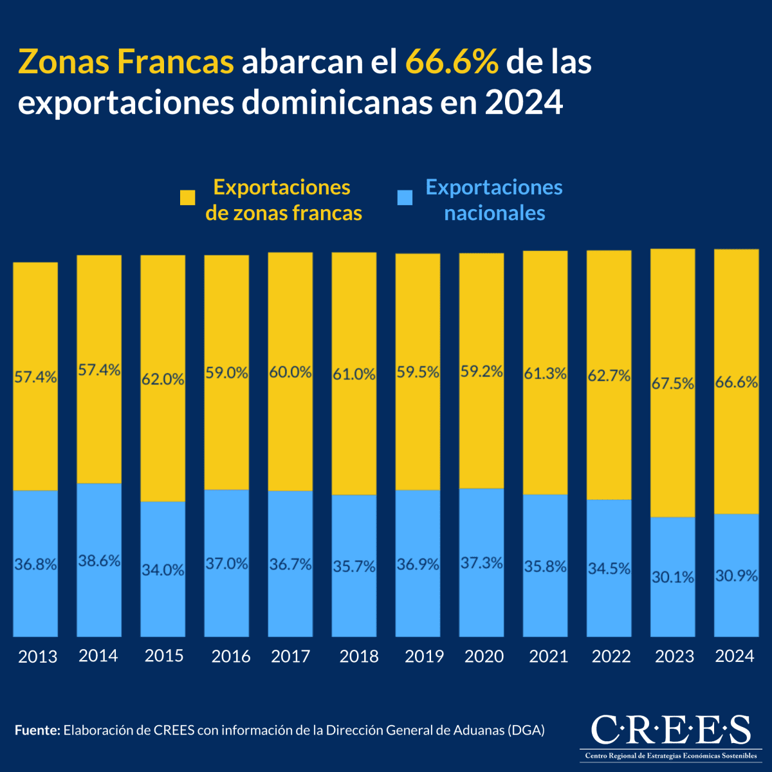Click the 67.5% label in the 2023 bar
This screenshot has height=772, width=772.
tap(673, 384)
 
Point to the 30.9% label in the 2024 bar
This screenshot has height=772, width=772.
tap(737, 576)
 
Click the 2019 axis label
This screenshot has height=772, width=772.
tap(424, 656)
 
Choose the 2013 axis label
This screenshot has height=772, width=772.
tap(37, 657)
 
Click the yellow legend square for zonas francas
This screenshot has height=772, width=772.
tap(187, 198)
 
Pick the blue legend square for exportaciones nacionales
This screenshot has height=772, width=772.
tap(405, 198)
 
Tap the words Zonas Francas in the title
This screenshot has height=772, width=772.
tap(126, 62)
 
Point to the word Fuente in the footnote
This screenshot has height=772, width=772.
tap(37, 730)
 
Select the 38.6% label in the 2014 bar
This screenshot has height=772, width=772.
tap(99, 561)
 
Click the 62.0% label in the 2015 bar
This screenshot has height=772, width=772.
tap(163, 380)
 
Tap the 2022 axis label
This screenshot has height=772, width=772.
tap(611, 656)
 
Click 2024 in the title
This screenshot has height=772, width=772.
tap(524, 103)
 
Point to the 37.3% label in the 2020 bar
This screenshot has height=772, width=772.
tap(481, 563)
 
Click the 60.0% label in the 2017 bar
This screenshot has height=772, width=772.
tap(290, 372)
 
